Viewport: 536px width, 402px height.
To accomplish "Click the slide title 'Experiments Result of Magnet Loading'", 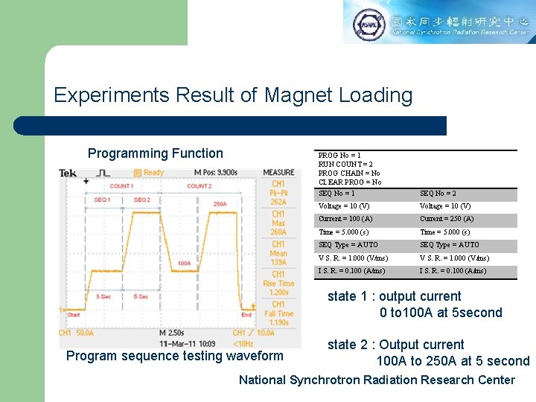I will (x=233, y=95).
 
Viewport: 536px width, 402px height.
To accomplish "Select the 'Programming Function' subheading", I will (x=155, y=153).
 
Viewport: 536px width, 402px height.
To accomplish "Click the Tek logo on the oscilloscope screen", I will (x=68, y=173).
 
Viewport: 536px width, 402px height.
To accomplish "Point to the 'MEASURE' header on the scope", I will (x=278, y=173).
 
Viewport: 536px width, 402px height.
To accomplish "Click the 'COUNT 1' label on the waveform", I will (x=121, y=186).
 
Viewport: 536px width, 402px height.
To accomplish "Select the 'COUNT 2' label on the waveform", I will (x=199, y=186).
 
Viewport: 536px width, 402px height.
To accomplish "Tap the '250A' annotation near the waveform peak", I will (x=220, y=203).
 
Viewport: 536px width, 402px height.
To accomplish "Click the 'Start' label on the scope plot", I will (x=74, y=315).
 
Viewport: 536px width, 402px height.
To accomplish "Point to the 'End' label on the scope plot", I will (x=246, y=315).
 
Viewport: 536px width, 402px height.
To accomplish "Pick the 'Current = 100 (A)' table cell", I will (x=345, y=219).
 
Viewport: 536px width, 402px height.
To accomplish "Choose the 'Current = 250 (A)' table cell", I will (x=447, y=219).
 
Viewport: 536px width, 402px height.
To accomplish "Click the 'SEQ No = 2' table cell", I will (x=438, y=194).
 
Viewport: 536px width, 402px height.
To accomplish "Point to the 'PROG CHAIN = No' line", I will (x=349, y=173).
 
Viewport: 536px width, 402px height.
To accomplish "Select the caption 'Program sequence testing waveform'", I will (x=174, y=356).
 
